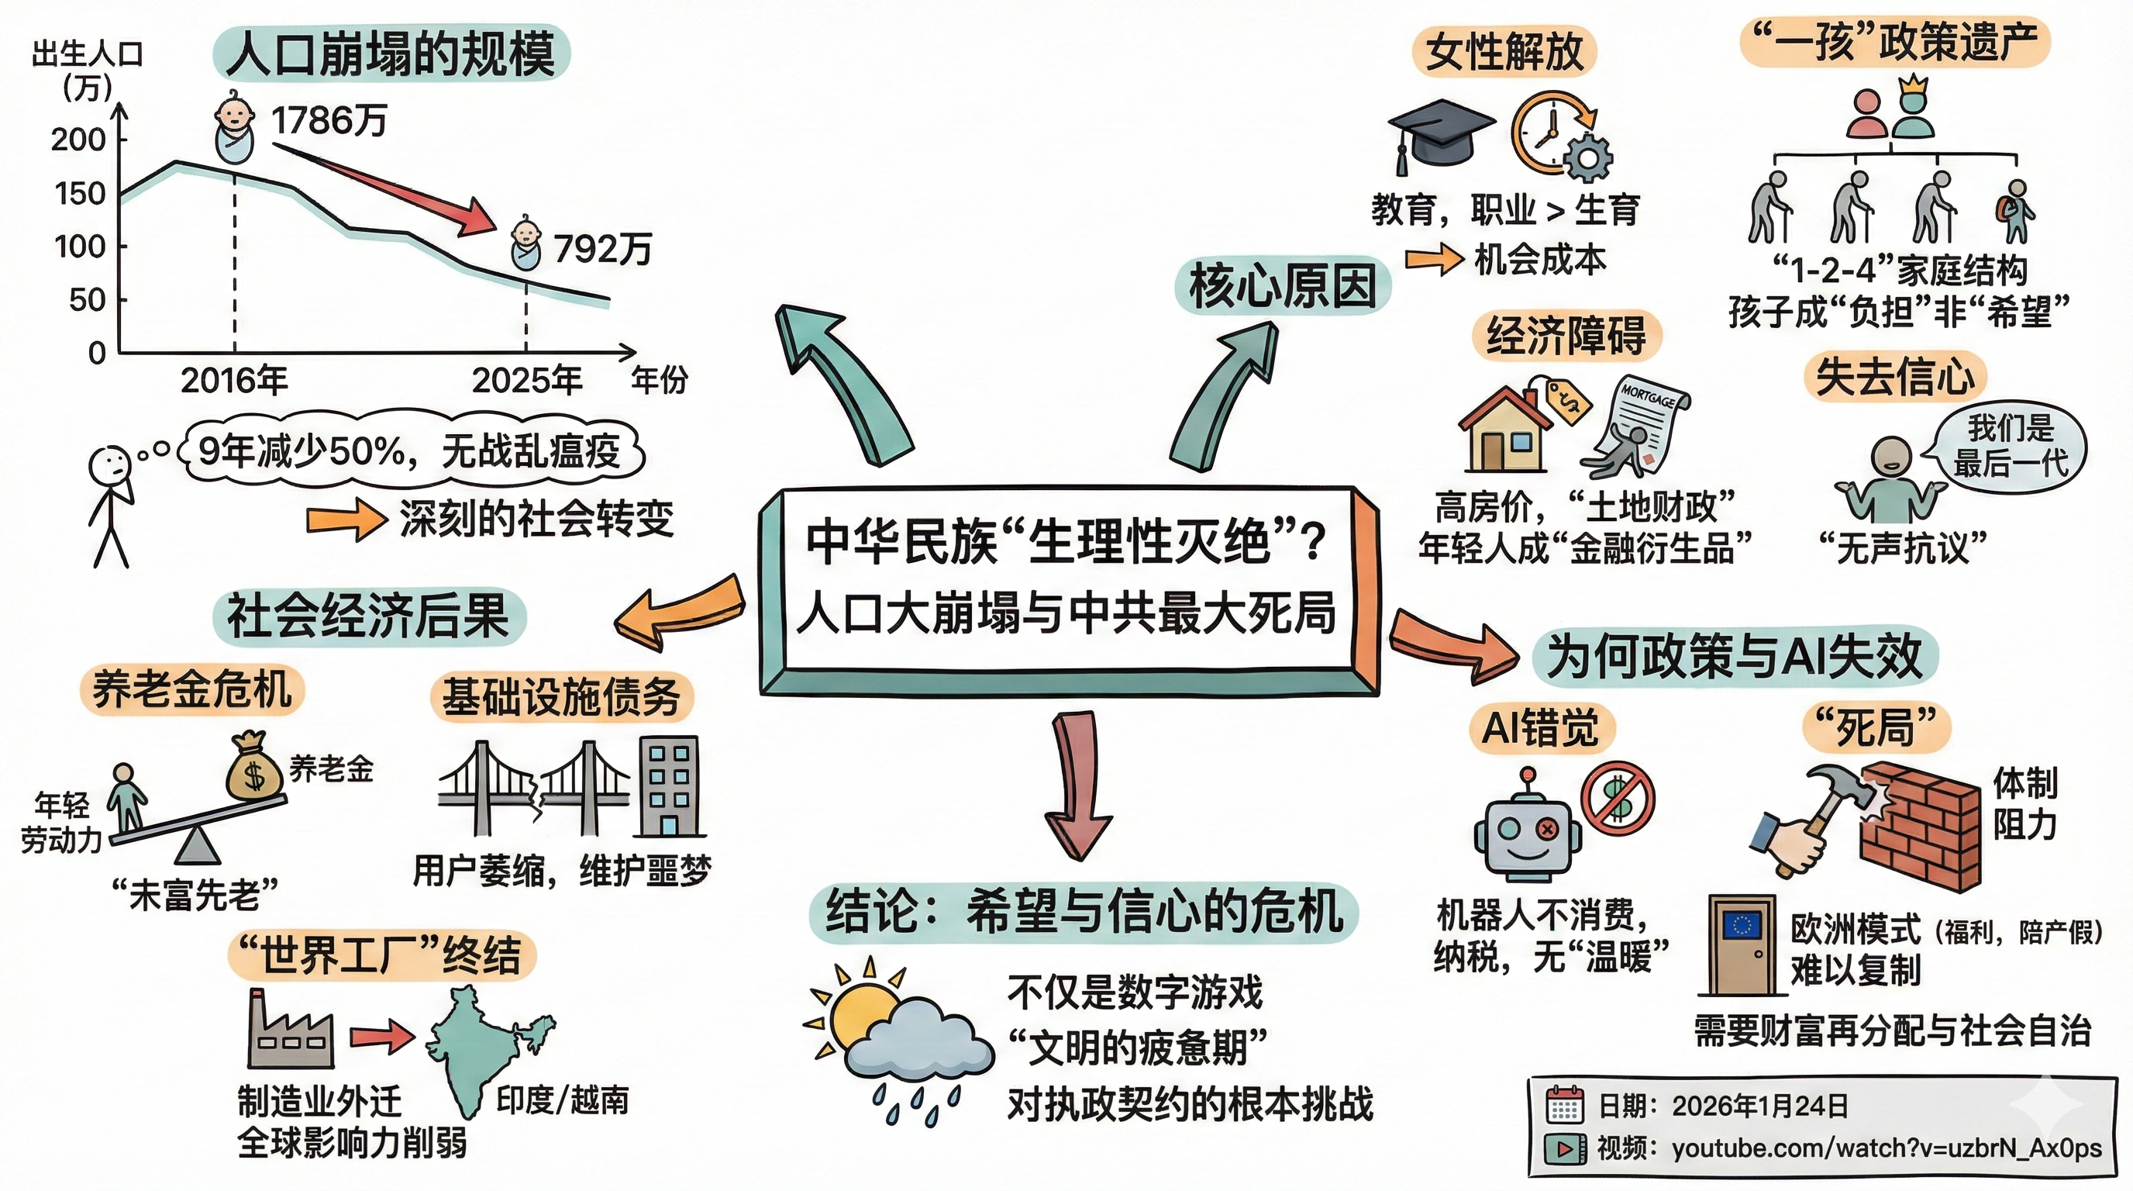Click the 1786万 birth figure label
329,122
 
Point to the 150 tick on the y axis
80,194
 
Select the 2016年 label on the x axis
233,380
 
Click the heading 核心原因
1282,286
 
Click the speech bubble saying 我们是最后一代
2011,447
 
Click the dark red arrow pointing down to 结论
1078,782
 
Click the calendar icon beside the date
1564,1105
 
